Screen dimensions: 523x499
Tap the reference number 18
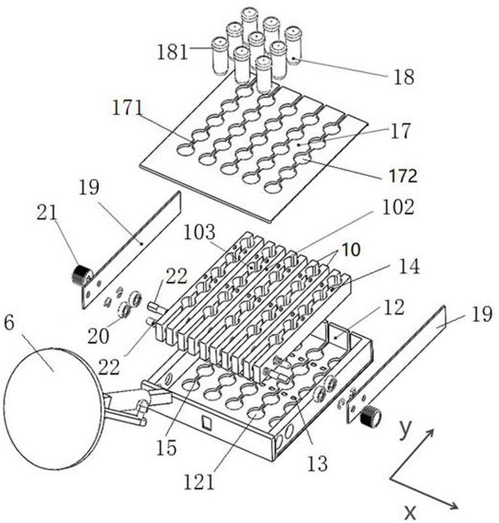tap(404, 77)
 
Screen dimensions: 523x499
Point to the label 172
tap(400, 176)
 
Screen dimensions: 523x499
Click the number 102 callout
tap(400, 208)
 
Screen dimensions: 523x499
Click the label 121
tap(199, 482)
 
